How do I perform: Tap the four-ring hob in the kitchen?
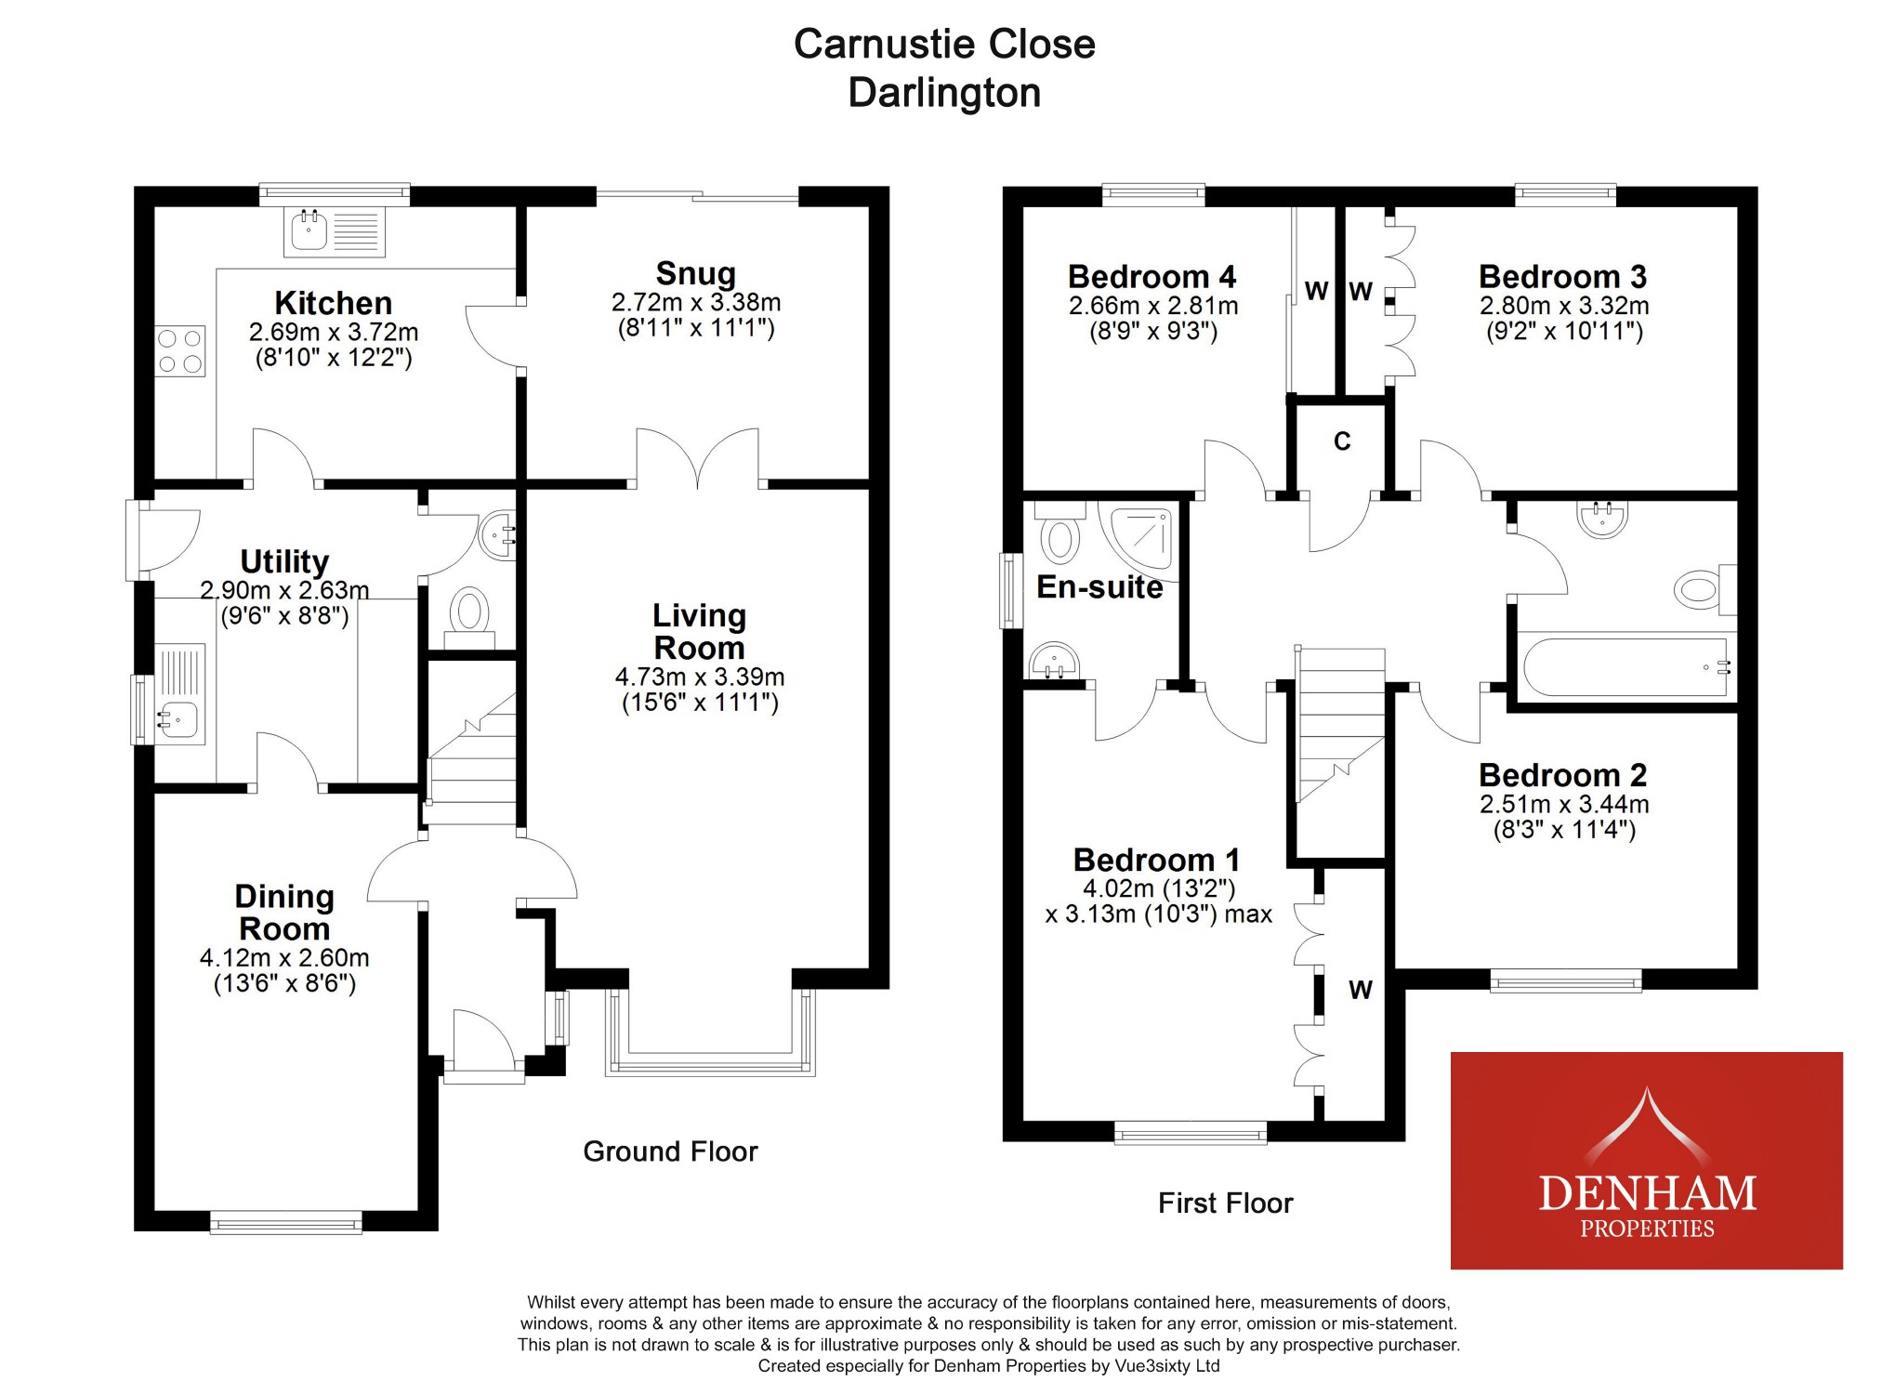(x=180, y=351)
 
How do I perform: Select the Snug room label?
(x=695, y=274)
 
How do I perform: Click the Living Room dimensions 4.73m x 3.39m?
(x=699, y=677)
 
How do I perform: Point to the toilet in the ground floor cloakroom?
(x=470, y=613)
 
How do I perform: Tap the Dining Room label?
(x=284, y=913)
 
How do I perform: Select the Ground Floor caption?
(x=670, y=1151)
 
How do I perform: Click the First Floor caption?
(x=1225, y=1203)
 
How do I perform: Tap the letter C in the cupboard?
(x=1342, y=441)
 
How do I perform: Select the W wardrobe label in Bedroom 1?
(x=1361, y=991)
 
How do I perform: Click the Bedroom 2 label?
(x=1562, y=775)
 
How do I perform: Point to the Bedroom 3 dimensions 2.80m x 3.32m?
(x=1564, y=306)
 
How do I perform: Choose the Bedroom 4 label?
(x=1152, y=277)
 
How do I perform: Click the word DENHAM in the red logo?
(x=1647, y=1193)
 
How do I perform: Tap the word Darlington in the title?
(x=944, y=93)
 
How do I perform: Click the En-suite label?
(x=1099, y=587)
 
